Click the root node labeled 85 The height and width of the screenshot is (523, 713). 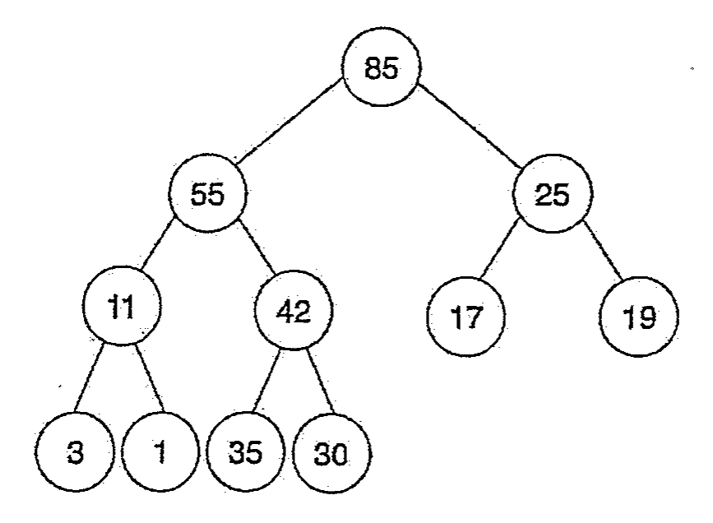pyautogui.click(x=381, y=67)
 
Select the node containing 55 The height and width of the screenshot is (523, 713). pyautogui.click(x=208, y=193)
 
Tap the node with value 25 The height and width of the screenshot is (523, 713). pyautogui.click(x=553, y=194)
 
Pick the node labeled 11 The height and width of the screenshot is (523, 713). pyautogui.click(x=122, y=305)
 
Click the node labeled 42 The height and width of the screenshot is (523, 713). pyautogui.click(x=294, y=311)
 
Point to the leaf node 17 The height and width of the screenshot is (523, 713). pyautogui.click(x=466, y=317)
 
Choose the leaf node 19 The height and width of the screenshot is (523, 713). pyautogui.click(x=639, y=317)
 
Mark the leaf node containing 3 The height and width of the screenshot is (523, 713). pyautogui.click(x=75, y=452)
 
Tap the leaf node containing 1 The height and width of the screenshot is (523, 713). pyautogui.click(x=160, y=452)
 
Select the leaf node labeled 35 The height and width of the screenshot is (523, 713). pyautogui.click(x=246, y=452)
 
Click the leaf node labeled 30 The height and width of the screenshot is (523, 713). pyautogui.click(x=332, y=453)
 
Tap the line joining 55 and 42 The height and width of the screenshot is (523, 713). pyautogui.click(x=257, y=248)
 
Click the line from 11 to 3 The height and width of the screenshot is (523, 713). pyautogui.click(x=89, y=379)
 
